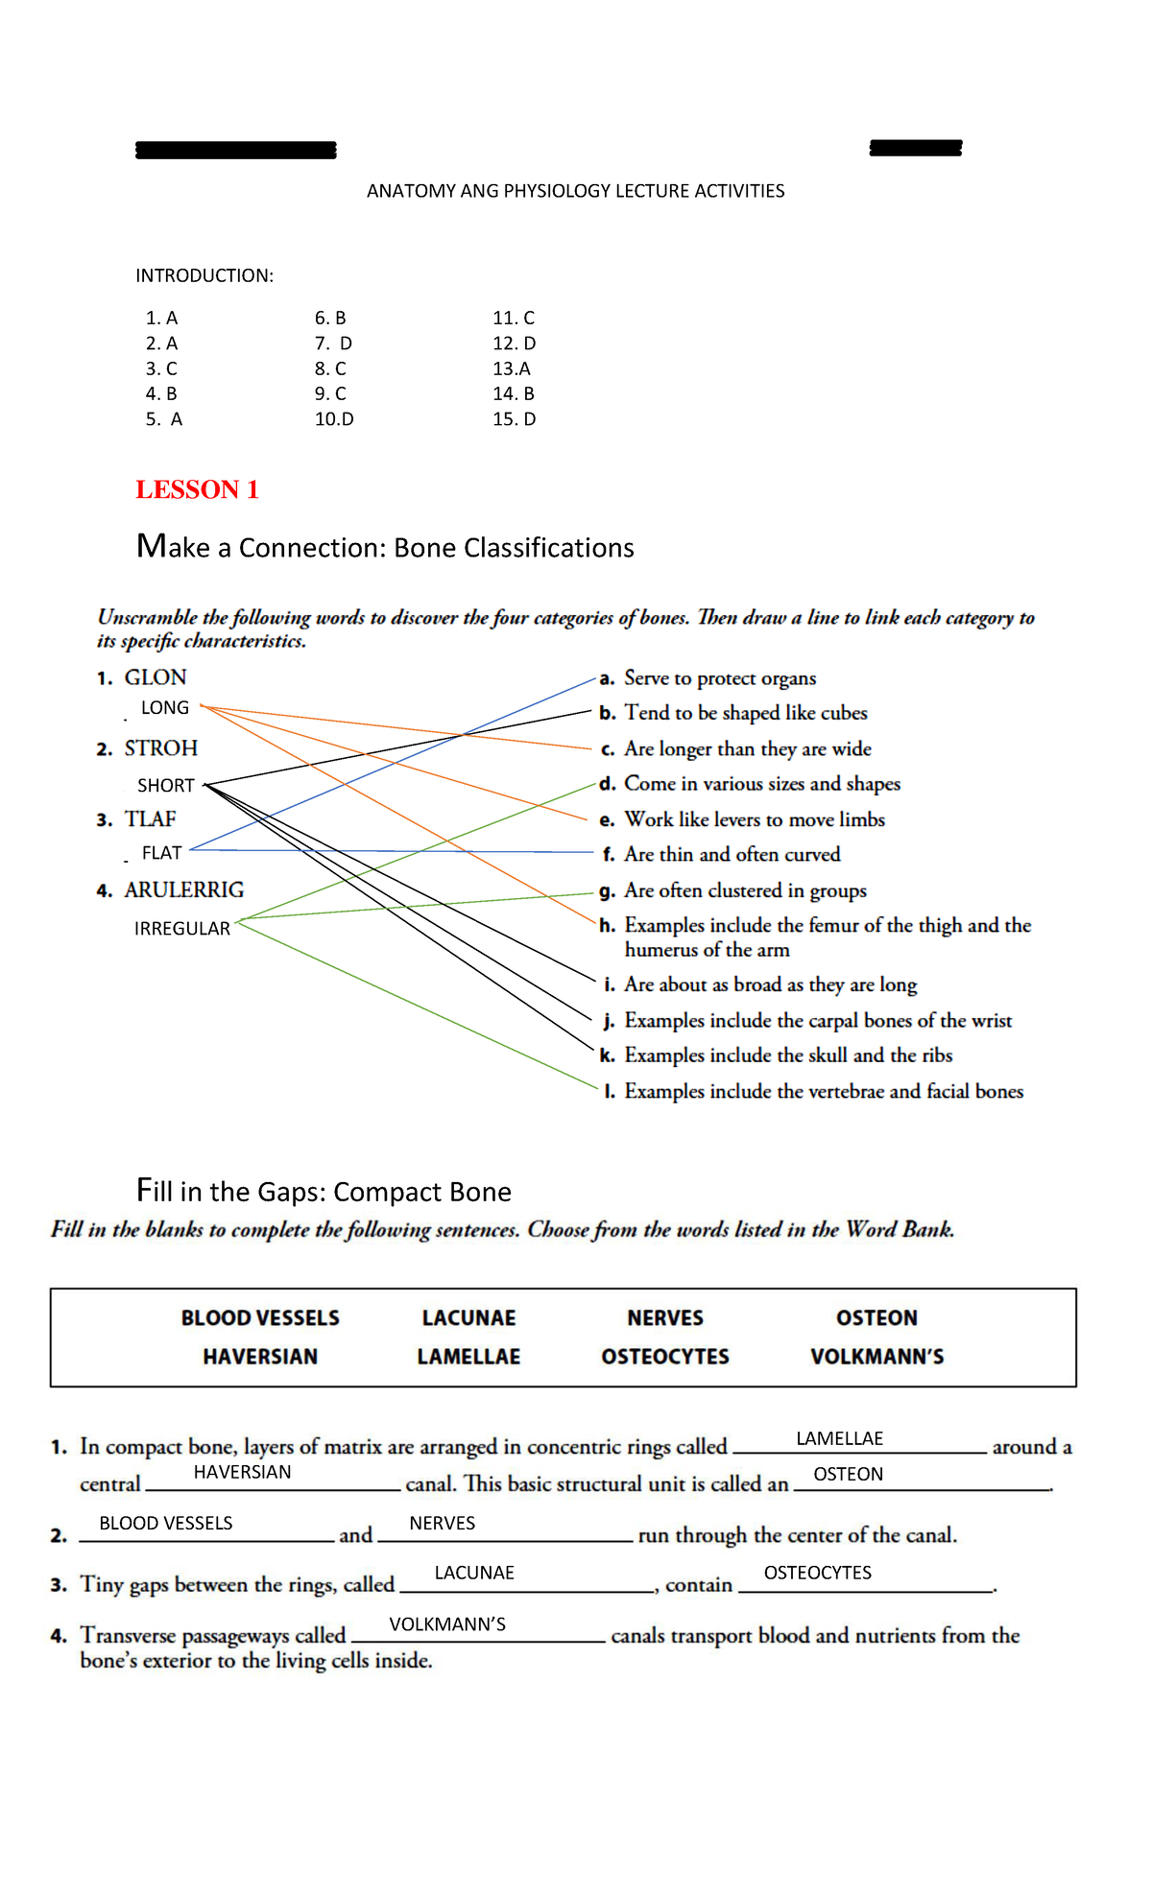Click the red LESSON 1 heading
pos(197,489)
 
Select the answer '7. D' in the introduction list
pos(333,344)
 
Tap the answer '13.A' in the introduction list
pos(511,368)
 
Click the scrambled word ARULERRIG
pos(183,889)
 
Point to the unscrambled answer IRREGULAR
pos(182,929)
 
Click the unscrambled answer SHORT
pos(166,786)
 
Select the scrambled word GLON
pos(156,677)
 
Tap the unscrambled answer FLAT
pos(161,853)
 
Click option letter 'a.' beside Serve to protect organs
pos(607,679)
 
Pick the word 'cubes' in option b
pos(845,713)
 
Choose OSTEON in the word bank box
pos(876,1318)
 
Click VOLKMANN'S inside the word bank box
pos(876,1357)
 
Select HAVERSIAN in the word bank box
pos(260,1357)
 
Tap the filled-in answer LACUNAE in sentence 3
pos(474,1573)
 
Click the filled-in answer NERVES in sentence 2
pos(442,1523)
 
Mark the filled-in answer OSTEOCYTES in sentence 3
pos(817,1573)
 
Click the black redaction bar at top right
pos(915,148)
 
